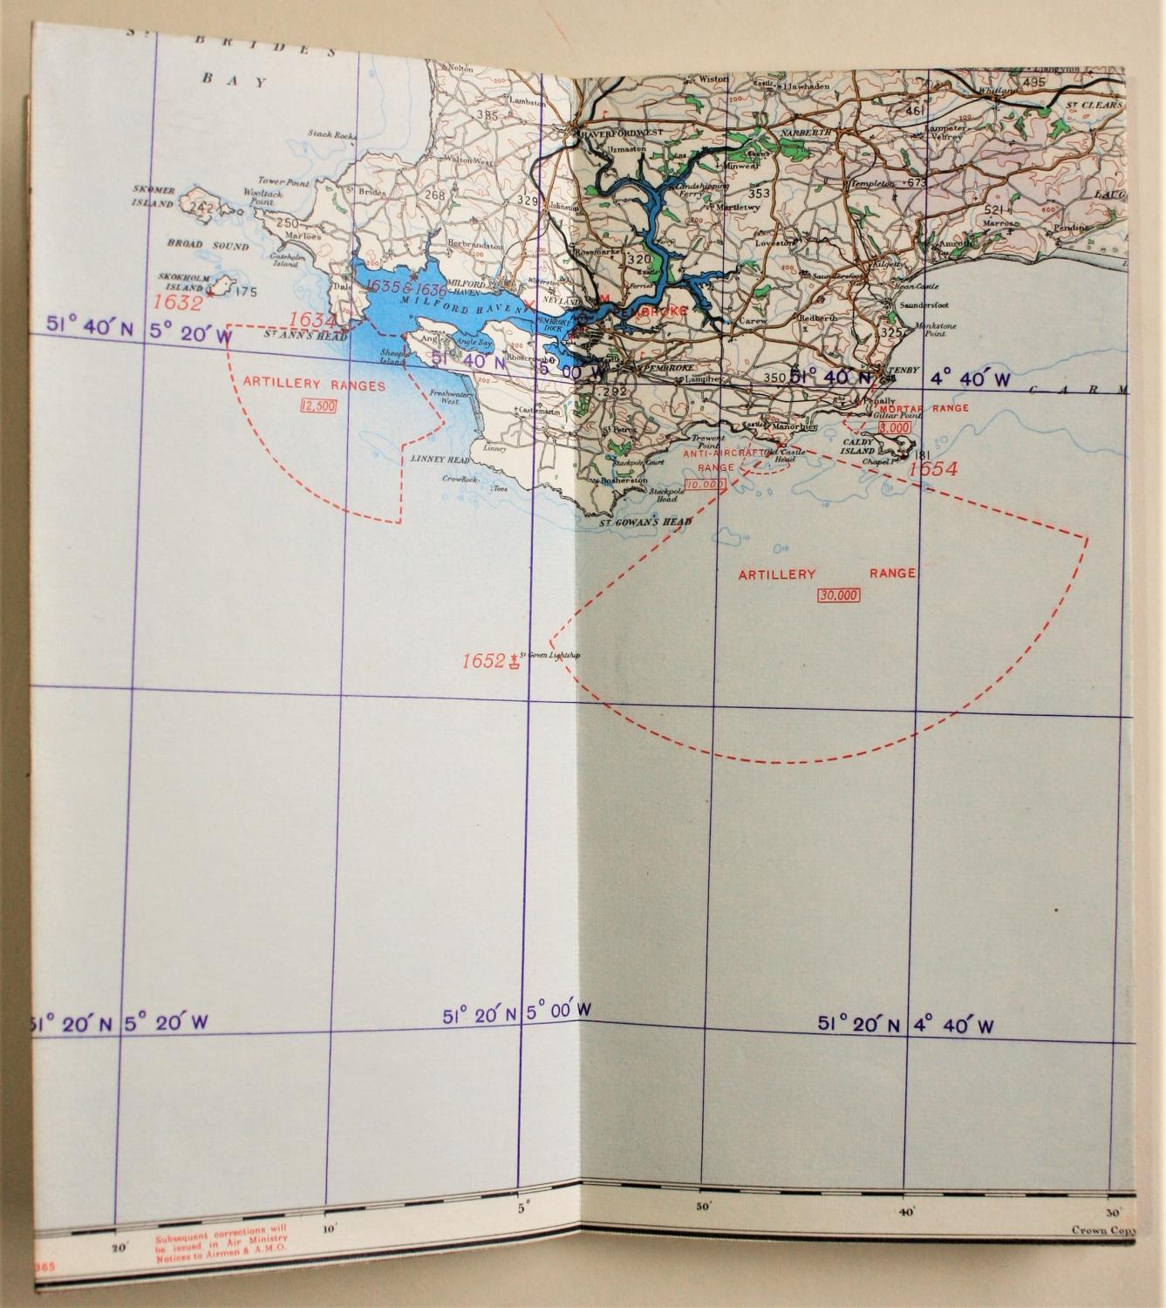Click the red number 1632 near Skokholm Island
[178, 303]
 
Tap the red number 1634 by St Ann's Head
[312, 320]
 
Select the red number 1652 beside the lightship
[483, 661]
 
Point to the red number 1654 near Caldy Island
[933, 468]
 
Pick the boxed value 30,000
[839, 596]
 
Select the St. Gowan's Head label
[646, 521]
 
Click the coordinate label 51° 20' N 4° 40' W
[906, 1025]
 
